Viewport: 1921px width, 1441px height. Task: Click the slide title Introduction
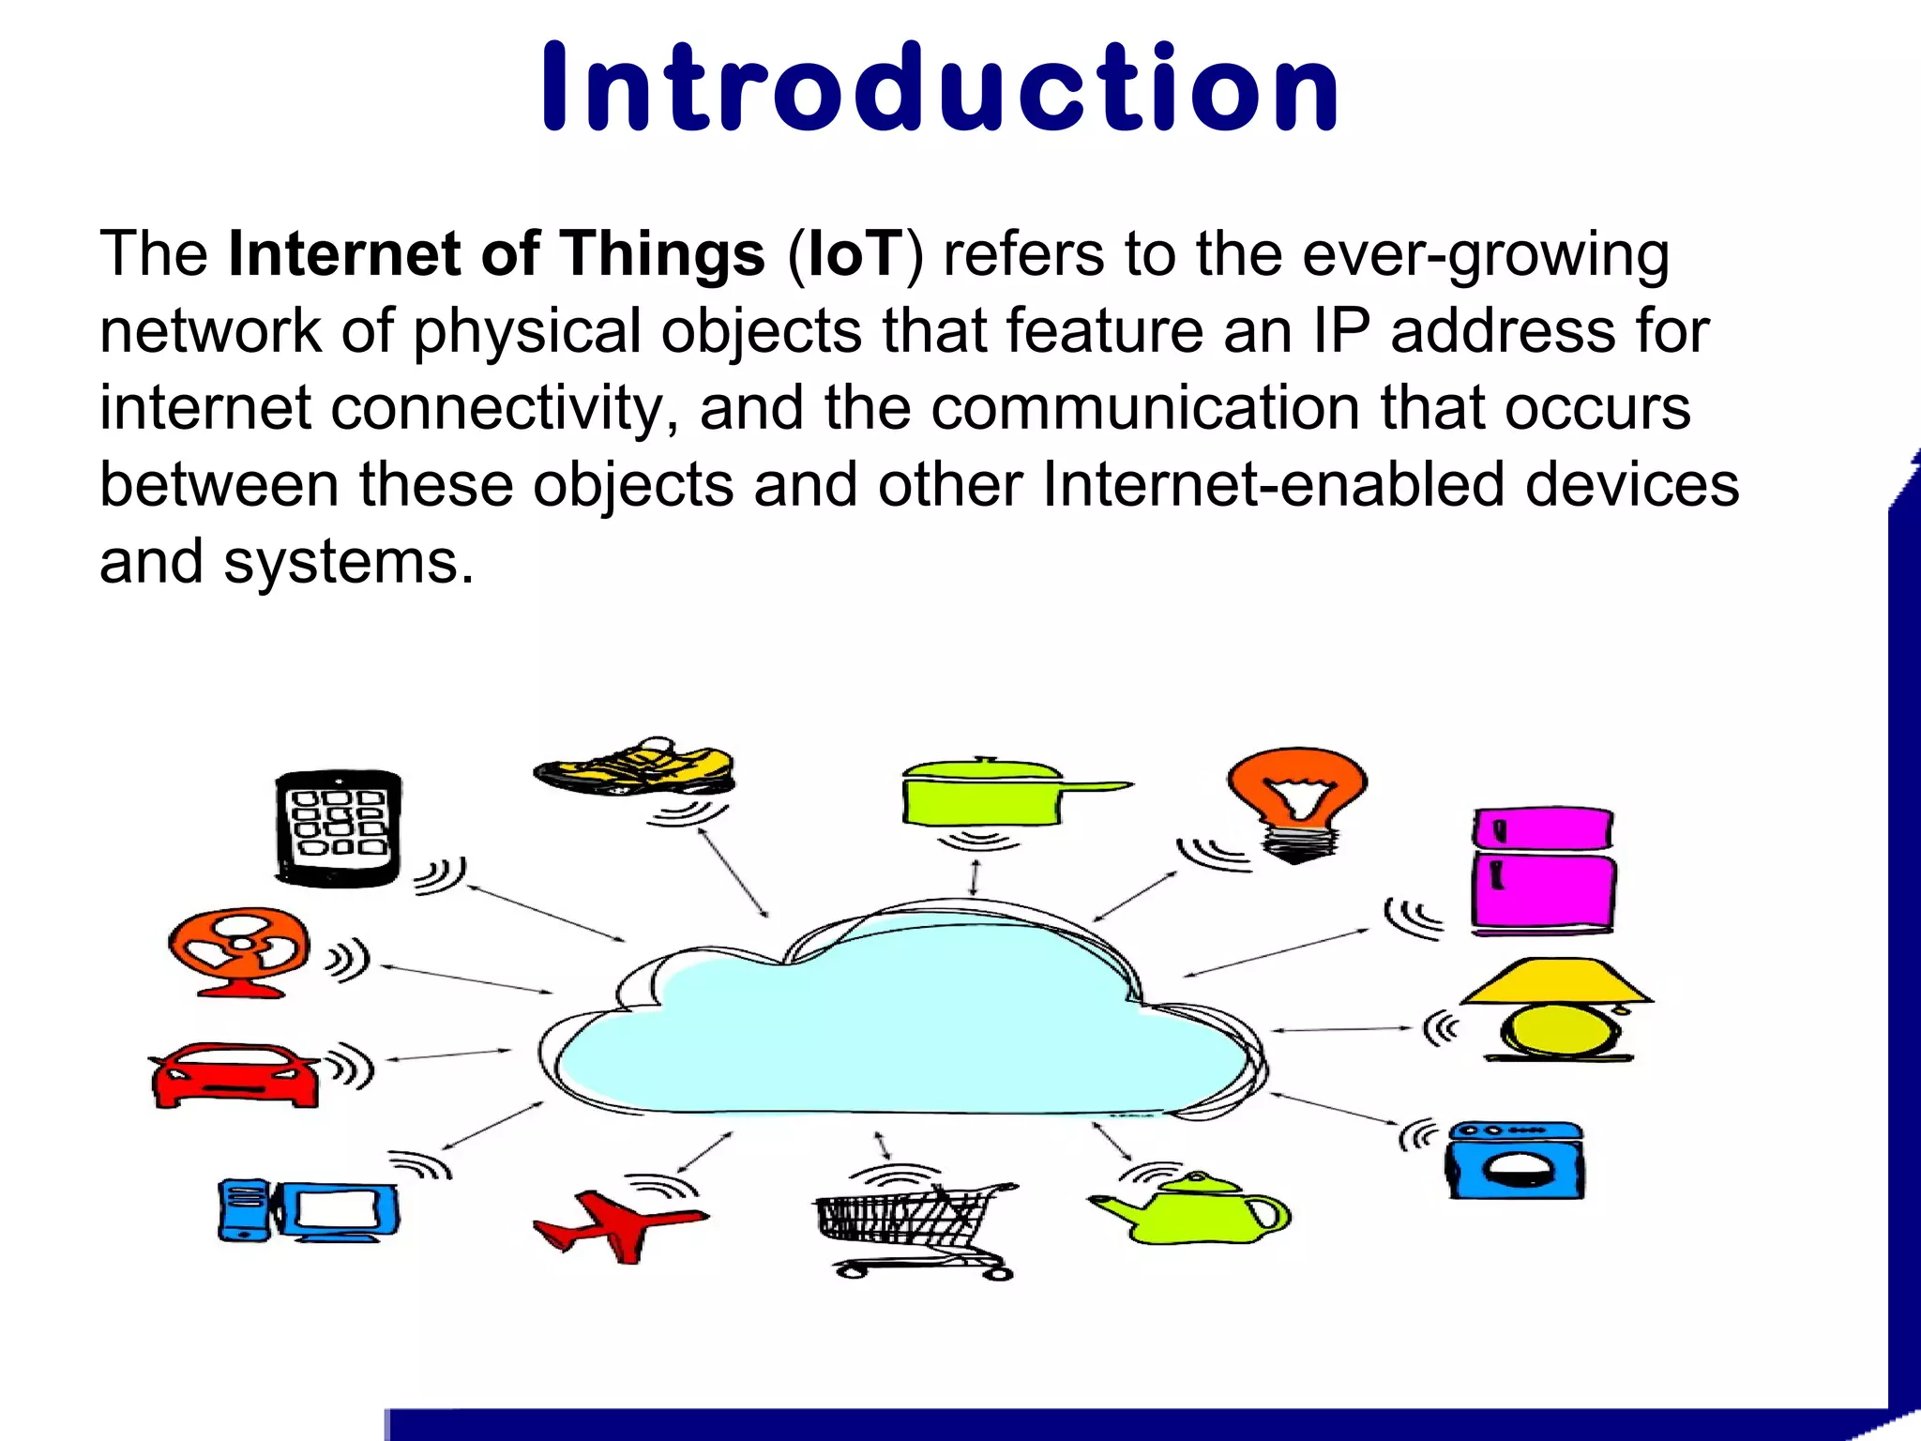click(x=941, y=89)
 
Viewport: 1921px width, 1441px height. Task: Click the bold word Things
click(x=662, y=254)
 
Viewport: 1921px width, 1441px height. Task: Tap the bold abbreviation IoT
click(x=854, y=254)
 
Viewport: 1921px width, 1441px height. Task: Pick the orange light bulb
click(x=1296, y=797)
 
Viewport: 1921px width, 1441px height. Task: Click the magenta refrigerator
click(x=1542, y=871)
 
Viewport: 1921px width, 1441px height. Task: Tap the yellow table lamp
click(x=1557, y=1009)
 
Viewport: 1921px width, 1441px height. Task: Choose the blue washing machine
click(x=1515, y=1160)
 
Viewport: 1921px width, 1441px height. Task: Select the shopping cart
click(x=910, y=1224)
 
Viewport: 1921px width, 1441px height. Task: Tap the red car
click(x=234, y=1075)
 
